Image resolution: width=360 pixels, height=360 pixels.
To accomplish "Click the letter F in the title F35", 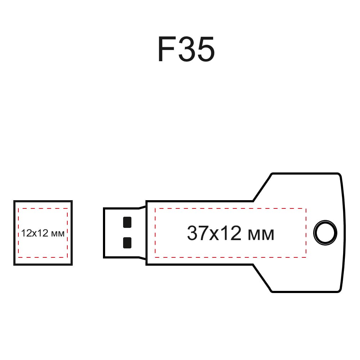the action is click(x=166, y=49).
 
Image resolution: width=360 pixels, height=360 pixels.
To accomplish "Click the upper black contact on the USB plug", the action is click(x=127, y=222).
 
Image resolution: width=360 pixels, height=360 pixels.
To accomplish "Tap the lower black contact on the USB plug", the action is click(x=127, y=243).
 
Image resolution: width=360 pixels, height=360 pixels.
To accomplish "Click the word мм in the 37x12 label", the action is click(x=261, y=235).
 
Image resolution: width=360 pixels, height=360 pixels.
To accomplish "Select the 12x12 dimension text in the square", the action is click(x=35, y=233).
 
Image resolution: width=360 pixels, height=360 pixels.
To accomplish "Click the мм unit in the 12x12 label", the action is click(x=58, y=234).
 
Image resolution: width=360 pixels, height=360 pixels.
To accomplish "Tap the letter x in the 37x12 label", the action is click(x=214, y=235).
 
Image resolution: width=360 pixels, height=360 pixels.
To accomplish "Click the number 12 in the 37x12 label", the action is click(x=231, y=233).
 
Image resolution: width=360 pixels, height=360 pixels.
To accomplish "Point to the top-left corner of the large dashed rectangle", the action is click(x=155, y=208).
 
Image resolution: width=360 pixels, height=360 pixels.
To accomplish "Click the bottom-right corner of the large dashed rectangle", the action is click(x=306, y=257).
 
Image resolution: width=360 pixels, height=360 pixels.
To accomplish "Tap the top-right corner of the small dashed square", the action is click(x=67, y=208).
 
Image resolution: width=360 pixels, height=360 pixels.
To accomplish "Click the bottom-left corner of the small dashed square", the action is click(x=18, y=257).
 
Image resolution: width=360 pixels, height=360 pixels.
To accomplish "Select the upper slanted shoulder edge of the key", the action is click(x=262, y=187).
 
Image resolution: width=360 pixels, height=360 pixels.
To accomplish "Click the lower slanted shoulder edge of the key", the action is click(x=262, y=278).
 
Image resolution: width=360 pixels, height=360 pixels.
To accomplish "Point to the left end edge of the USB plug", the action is click(x=104, y=233).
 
